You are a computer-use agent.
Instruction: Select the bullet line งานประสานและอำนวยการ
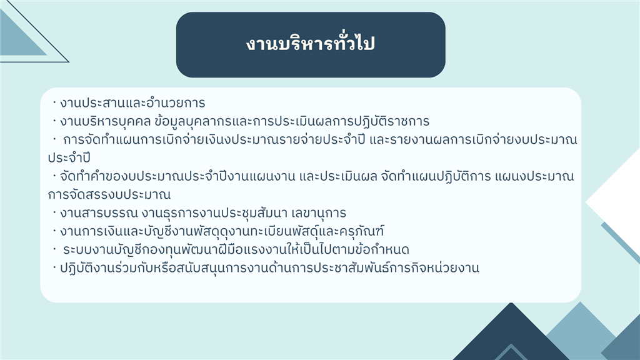click(132, 103)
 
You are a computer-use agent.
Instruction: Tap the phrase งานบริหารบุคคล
click(106, 121)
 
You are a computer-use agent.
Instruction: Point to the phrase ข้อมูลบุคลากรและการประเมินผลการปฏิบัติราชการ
click(292, 121)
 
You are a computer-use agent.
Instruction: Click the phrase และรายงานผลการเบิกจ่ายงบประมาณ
click(474, 139)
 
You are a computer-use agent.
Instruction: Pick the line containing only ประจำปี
click(69, 158)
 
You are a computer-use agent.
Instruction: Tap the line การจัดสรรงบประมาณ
click(109, 195)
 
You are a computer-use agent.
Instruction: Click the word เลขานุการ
click(319, 213)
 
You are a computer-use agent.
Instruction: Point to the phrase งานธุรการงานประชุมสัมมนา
click(215, 213)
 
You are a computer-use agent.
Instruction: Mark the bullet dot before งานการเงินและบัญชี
click(54, 231)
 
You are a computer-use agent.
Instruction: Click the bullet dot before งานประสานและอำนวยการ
click(54, 102)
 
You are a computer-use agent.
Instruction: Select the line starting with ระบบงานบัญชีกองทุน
click(236, 249)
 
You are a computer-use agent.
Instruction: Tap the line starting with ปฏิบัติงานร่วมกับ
click(269, 268)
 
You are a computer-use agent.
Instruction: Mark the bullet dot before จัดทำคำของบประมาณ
click(54, 176)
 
